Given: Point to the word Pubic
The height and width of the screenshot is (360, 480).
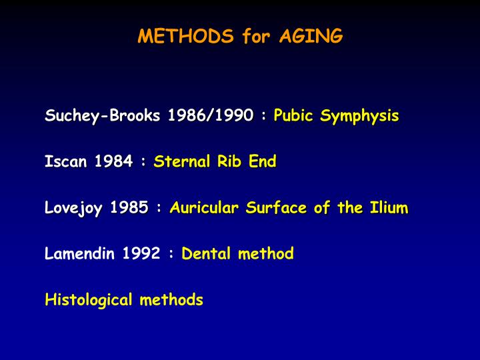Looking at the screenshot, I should pos(293,115).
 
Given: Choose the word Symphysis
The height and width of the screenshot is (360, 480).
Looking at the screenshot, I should pos(359,116).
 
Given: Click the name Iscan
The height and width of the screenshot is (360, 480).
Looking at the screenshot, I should pos(64,161).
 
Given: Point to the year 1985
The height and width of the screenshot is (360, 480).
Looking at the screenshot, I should pos(129,207).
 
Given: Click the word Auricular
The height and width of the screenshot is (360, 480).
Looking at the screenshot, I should pos(204,207).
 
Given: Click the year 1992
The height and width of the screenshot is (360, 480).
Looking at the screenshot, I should pos(141,253).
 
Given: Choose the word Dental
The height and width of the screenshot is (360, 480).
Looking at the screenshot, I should pos(204,253).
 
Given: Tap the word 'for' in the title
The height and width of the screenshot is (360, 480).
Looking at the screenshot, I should pos(256,36).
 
